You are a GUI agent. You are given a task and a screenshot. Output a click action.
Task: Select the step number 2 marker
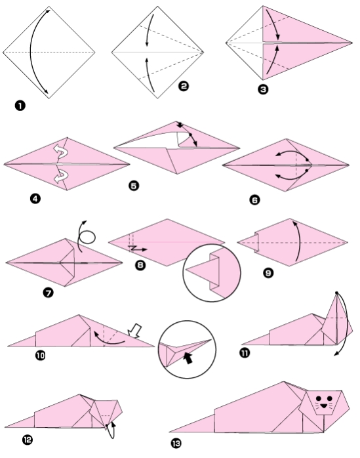coord(184,86)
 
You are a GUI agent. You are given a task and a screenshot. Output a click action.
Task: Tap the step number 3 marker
coord(264,91)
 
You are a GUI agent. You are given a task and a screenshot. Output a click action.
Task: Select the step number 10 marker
coord(41,355)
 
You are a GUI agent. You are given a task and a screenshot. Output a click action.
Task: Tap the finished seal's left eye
coord(317,398)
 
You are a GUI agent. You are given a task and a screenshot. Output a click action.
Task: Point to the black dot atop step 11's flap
coord(336,293)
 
